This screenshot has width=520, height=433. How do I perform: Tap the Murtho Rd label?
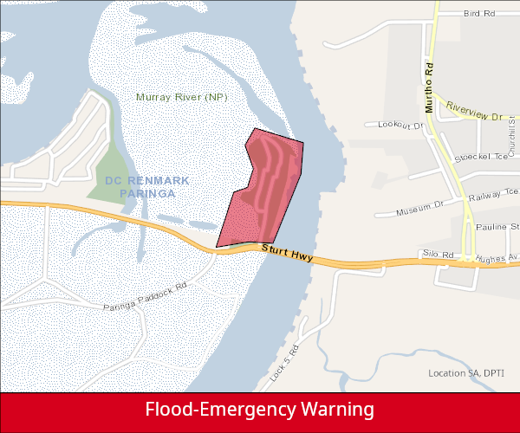(428, 87)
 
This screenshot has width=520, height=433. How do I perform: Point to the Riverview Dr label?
(474, 111)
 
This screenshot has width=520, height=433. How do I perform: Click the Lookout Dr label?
(400, 126)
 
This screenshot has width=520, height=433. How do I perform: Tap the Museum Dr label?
(419, 208)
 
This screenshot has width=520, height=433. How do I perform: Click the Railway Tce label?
(491, 196)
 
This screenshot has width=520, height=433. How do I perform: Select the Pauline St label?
(496, 226)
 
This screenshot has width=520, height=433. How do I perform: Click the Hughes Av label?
(500, 257)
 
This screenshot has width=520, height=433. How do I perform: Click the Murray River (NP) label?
(181, 97)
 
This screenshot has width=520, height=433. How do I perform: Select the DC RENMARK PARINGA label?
(140, 187)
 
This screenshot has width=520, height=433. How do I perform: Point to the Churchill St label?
(513, 138)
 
